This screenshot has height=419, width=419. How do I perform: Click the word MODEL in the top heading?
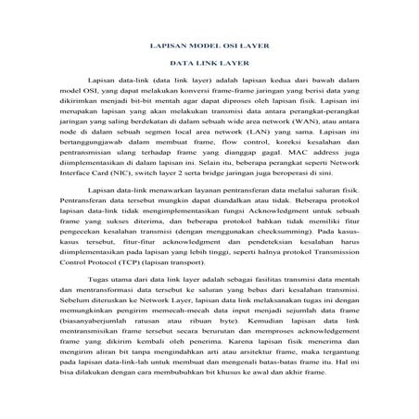(x=189, y=44)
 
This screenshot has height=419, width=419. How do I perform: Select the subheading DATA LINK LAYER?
(x=209, y=63)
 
